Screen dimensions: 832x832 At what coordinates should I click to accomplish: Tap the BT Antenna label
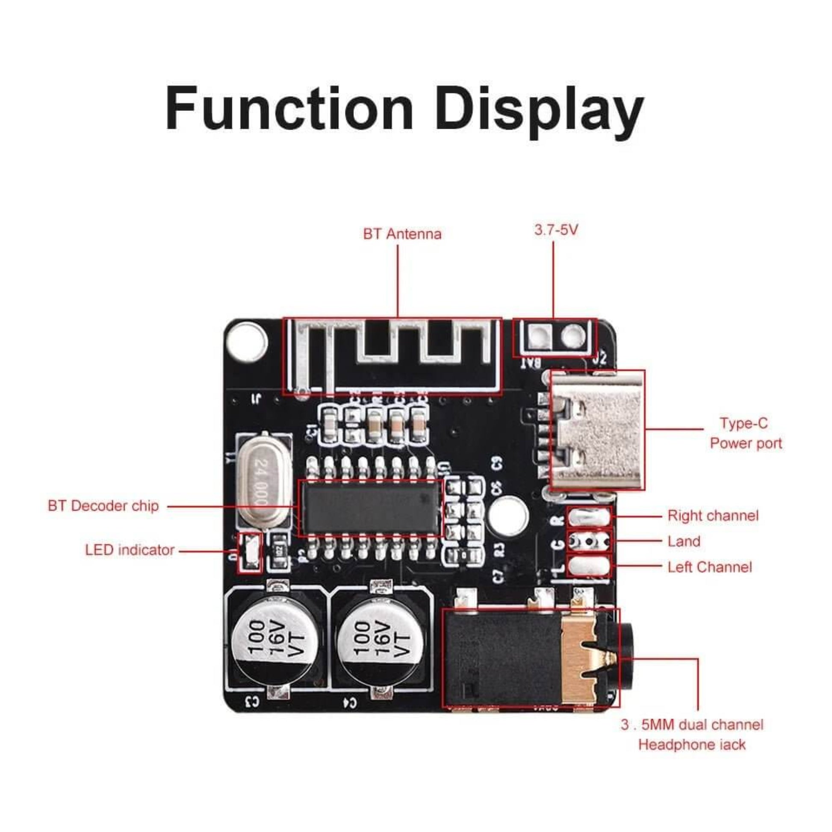pos(402,234)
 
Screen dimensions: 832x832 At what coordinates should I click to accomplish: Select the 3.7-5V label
pos(556,230)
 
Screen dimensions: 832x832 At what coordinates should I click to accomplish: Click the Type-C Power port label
pos(746,433)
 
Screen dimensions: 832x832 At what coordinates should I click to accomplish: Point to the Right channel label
pos(713,516)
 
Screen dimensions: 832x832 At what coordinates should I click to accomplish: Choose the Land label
pos(684,541)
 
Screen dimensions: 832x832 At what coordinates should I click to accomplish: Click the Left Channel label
pos(709,567)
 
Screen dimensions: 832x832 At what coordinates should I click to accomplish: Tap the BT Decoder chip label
pos(103,506)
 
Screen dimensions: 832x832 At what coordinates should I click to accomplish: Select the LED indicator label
pos(130,550)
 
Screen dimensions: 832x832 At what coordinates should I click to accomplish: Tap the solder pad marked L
pos(589,567)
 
